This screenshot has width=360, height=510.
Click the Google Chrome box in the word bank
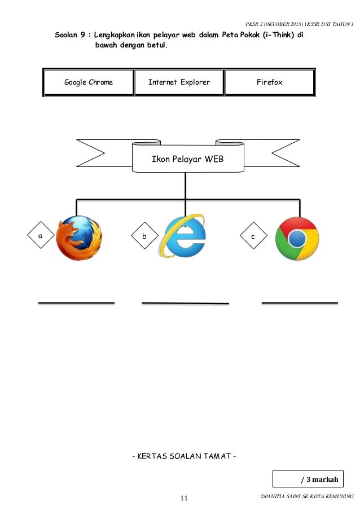pos(89,82)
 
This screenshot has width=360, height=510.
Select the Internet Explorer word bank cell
pos(179,82)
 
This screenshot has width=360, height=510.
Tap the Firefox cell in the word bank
pos(269,82)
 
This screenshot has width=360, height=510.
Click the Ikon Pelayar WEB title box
pos(187,159)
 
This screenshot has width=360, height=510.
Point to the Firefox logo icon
pos(80,238)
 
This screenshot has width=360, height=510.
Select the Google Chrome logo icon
pos(297,238)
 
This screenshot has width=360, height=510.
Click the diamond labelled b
pos(144,237)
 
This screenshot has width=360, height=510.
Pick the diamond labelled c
pos(253,237)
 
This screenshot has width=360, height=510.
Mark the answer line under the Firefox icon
pos(76,303)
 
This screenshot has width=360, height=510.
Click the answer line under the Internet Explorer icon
pos(185,304)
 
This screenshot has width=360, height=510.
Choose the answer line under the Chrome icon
pos(300,303)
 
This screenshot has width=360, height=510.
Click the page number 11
pos(184,498)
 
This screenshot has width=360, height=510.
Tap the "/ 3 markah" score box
pos(314,480)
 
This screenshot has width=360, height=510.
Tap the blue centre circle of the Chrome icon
pos(297,238)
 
